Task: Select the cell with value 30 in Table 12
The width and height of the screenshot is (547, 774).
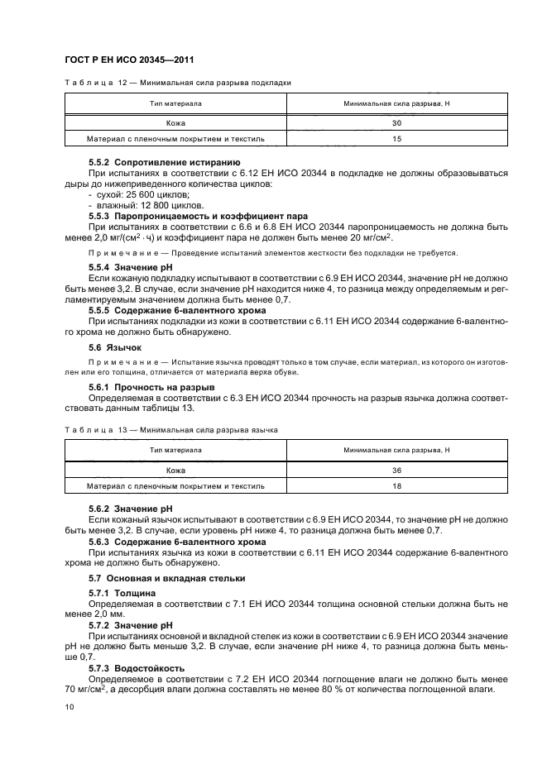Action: pos(396,123)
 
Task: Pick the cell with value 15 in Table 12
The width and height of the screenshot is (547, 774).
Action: pos(396,140)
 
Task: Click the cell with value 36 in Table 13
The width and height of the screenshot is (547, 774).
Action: pos(396,470)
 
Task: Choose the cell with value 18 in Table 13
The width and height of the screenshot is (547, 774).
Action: pos(396,486)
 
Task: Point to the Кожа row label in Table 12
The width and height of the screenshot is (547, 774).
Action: pos(175,123)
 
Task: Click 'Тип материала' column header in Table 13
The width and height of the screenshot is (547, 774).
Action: pos(175,450)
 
